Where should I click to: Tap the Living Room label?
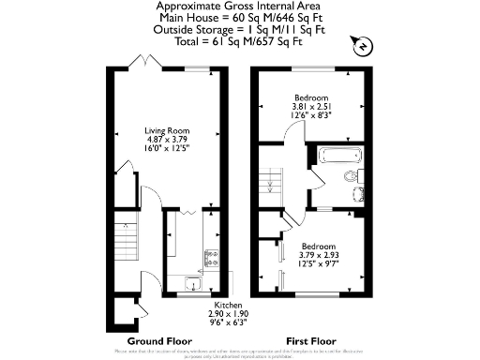pyautogui.click(x=167, y=130)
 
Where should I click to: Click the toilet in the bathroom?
pyautogui.click(x=352, y=175)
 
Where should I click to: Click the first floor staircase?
pyautogui.click(x=271, y=177)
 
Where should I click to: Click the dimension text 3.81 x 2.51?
pyautogui.click(x=310, y=107)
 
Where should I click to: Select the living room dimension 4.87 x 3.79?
pyautogui.click(x=167, y=140)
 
